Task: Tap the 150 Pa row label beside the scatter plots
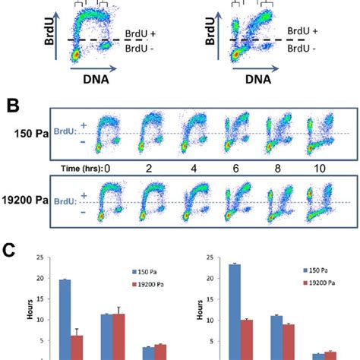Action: (x=27, y=134)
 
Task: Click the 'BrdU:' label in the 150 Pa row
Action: (x=63, y=134)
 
